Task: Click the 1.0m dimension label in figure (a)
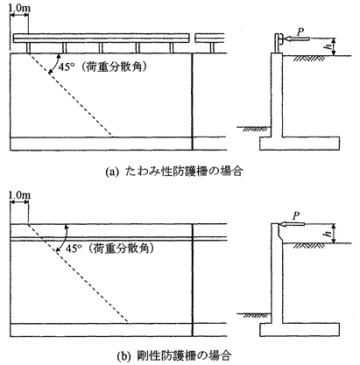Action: (19, 7)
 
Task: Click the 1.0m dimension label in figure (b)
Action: (19, 194)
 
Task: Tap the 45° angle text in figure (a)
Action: (67, 67)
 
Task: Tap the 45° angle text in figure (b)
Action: (74, 249)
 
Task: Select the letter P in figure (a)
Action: (300, 32)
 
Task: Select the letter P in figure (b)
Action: (296, 216)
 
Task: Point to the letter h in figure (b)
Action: (330, 233)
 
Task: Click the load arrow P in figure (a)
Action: (295, 39)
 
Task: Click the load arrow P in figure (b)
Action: (292, 224)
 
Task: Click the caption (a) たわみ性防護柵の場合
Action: (174, 172)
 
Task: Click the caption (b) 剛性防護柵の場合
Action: (174, 355)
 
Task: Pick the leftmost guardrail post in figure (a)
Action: (28, 48)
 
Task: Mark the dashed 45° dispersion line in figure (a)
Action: (70, 95)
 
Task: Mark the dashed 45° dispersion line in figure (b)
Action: (78, 273)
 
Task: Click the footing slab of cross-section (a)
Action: (300, 144)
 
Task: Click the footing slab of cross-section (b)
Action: (300, 330)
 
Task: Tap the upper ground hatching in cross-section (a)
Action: (309, 59)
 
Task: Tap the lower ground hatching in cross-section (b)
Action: (256, 315)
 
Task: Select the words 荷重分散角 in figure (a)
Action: (115, 67)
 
